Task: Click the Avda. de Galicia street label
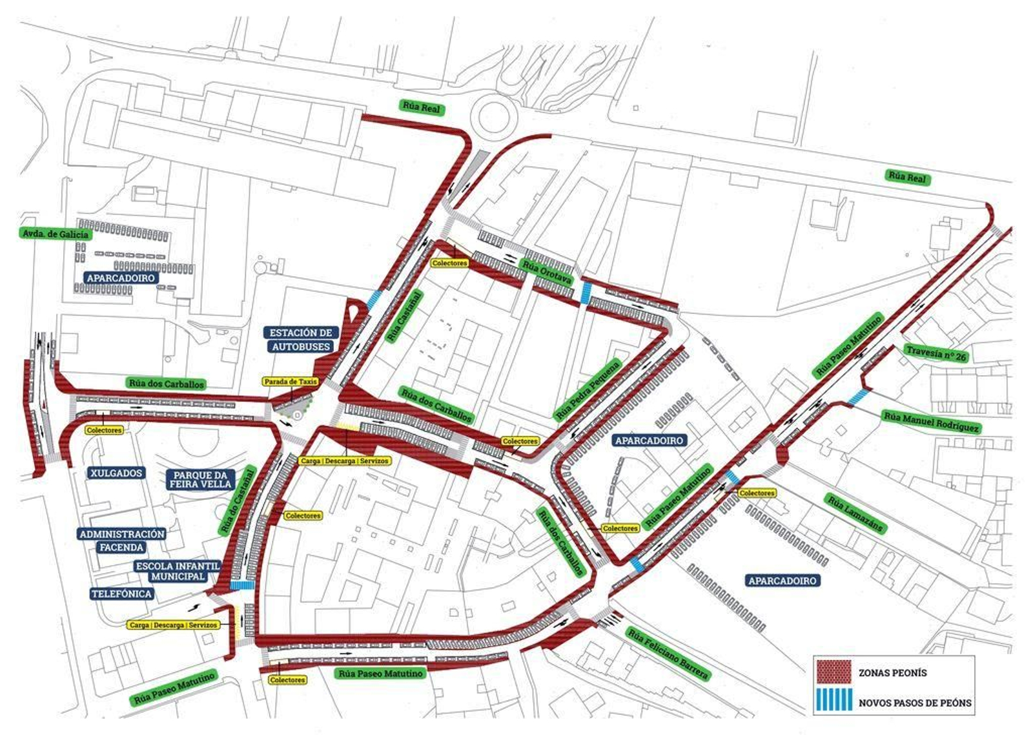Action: pyautogui.click(x=56, y=234)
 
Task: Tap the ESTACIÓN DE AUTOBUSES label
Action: pyautogui.click(x=301, y=340)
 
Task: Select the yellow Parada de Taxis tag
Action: pyautogui.click(x=291, y=382)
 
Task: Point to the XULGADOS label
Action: pyautogui.click(x=116, y=473)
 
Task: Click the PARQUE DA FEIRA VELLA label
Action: pyautogui.click(x=201, y=479)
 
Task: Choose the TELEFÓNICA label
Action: pyautogui.click(x=121, y=594)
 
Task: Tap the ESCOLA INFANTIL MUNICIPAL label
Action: pyautogui.click(x=178, y=571)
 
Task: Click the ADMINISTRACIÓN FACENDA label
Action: pyautogui.click(x=121, y=541)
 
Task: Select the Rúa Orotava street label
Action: pyautogui.click(x=547, y=272)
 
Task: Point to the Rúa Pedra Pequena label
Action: pyautogui.click(x=588, y=389)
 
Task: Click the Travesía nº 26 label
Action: pyautogui.click(x=936, y=353)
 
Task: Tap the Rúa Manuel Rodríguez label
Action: pyautogui.click(x=931, y=422)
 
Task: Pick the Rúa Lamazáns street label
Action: pyautogui.click(x=855, y=513)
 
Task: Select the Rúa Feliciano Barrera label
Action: pyautogui.click(x=668, y=654)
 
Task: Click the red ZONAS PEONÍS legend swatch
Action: pyautogui.click(x=834, y=672)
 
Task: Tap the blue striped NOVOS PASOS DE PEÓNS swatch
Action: pyautogui.click(x=834, y=702)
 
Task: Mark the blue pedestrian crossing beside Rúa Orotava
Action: pyautogui.click(x=586, y=293)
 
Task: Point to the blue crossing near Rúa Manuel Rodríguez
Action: pyautogui.click(x=858, y=397)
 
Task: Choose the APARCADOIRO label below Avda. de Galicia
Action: pyautogui.click(x=121, y=278)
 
